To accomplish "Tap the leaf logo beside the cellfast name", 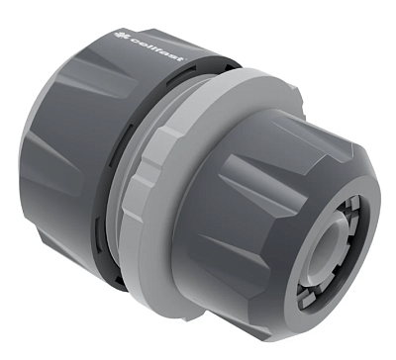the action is [x=118, y=35].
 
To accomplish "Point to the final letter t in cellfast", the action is [x=180, y=58].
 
